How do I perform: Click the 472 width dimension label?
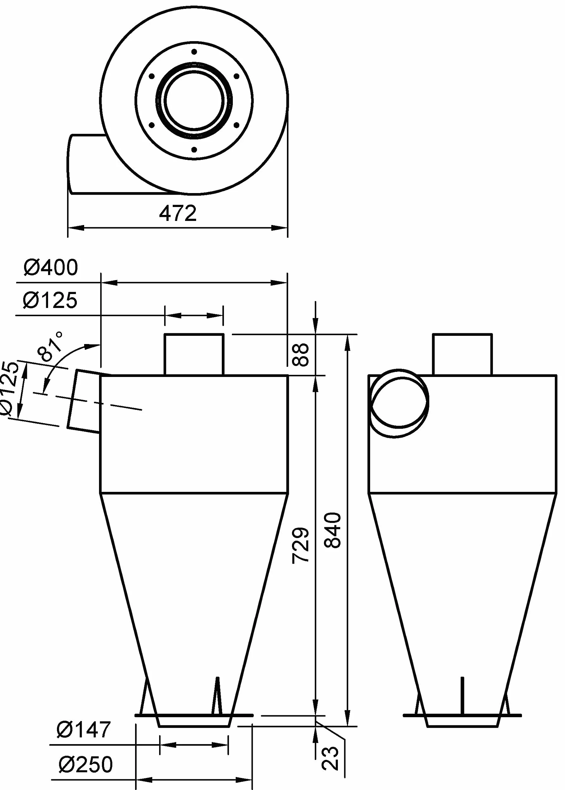(178, 213)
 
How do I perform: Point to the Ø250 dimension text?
(86, 764)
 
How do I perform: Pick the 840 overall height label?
(332, 530)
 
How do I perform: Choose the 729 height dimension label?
(300, 545)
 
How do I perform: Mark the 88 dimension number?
(300, 354)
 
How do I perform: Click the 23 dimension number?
(330, 758)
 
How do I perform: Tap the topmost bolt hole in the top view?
(194, 52)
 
